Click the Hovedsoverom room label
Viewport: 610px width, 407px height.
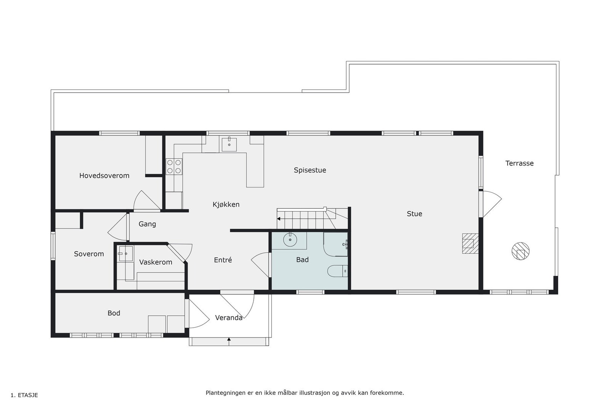(104, 176)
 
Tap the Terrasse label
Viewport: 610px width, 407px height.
(519, 163)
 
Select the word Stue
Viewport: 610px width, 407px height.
(414, 214)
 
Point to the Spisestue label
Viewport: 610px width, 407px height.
(310, 170)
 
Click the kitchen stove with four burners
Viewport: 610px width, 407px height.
(174, 167)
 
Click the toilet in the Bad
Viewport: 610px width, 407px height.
(338, 270)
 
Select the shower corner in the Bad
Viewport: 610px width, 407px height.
(335, 244)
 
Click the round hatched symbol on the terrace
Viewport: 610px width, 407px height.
(520, 251)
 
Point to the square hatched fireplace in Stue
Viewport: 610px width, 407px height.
(470, 243)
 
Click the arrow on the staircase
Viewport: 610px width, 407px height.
(279, 219)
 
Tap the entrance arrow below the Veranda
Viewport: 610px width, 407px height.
(229, 339)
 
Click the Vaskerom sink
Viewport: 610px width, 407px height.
(125, 253)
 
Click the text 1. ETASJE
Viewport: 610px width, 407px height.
(24, 395)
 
